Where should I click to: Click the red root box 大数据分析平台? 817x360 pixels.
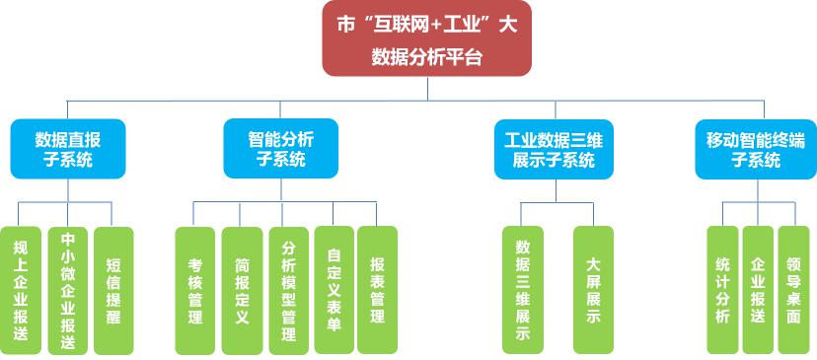click(426, 40)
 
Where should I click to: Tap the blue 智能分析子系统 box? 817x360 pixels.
click(280, 148)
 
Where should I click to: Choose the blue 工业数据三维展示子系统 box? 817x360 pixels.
click(553, 148)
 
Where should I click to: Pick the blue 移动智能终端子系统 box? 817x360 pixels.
click(755, 148)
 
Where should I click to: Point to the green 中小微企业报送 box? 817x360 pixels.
click(67, 290)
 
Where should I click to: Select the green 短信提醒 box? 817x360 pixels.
click(112, 290)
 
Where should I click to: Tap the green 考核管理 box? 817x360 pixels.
click(194, 290)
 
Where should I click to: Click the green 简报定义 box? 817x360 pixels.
click(242, 290)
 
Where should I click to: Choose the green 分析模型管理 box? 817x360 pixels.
click(288, 290)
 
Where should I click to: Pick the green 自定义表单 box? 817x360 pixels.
click(334, 290)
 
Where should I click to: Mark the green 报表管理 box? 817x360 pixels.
click(377, 290)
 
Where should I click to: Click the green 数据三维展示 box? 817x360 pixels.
click(523, 290)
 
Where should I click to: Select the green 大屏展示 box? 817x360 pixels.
click(593, 290)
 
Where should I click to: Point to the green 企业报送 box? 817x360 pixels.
click(758, 290)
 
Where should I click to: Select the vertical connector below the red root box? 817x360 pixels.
click(427, 89)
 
